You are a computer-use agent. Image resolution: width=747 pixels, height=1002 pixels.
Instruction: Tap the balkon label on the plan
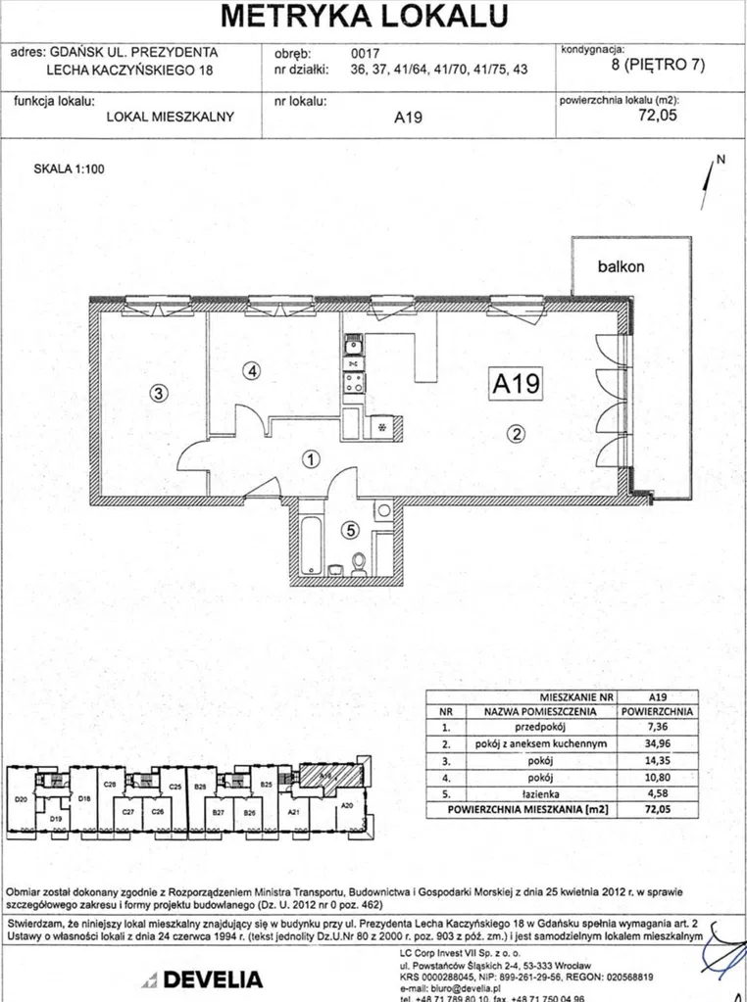pos(622,266)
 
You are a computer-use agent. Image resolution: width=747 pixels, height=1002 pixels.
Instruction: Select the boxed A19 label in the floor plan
pos(515,384)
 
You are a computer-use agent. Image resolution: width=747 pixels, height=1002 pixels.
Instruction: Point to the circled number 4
pos(252,371)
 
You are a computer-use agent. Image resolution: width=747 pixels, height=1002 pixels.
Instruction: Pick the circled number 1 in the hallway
pos(310,458)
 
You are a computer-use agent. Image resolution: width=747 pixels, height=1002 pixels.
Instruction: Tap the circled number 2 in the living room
pos(518,436)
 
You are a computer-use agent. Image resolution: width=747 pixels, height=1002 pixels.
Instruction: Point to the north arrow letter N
pos(720,159)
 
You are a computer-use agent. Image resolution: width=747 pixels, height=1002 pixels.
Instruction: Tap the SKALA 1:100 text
pos(69,168)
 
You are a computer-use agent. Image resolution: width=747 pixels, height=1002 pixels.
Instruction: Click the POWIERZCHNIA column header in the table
pos(658,712)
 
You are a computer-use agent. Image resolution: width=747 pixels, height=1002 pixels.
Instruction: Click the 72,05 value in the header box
pos(658,115)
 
